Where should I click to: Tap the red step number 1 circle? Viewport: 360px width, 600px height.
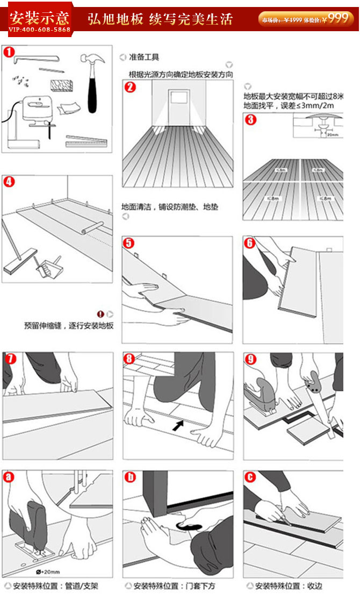pos(9,53)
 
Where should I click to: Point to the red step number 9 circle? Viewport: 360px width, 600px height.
pos(251,359)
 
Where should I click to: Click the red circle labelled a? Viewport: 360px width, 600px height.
pos(9,477)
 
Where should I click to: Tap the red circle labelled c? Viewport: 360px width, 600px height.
pos(250,477)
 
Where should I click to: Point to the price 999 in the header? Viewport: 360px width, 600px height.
pos(338,18)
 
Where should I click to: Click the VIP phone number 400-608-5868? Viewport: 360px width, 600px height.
pos(39,29)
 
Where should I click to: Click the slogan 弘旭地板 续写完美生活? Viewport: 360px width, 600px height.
pos(160,20)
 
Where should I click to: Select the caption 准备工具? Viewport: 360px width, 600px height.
pos(145,57)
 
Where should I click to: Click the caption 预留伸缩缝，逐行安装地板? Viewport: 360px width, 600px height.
pos(69,326)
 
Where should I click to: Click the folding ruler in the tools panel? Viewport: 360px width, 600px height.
pos(86,141)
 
